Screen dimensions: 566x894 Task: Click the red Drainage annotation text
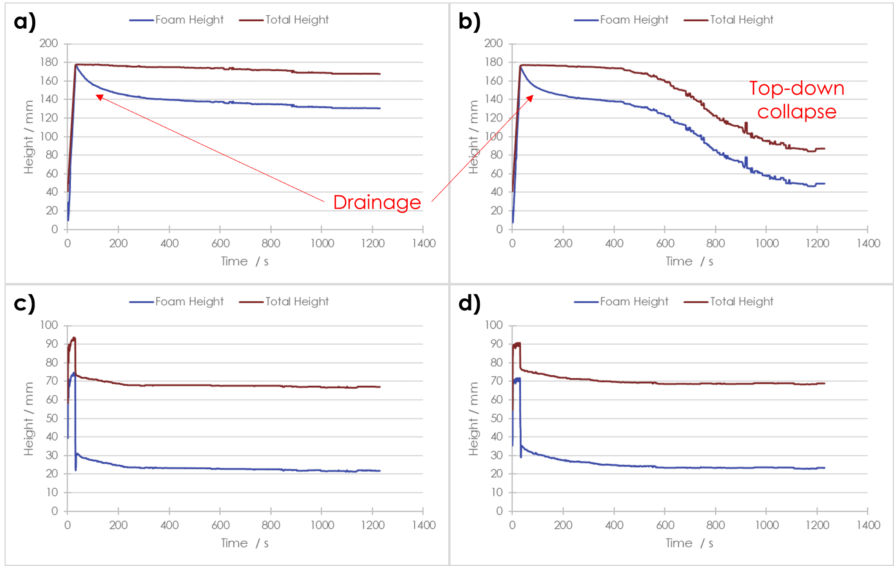click(377, 203)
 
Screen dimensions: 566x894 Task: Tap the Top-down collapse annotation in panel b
click(797, 100)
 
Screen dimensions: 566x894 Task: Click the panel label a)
click(24, 21)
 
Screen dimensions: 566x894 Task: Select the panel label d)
click(469, 303)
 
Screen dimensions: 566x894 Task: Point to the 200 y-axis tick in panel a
click(48, 43)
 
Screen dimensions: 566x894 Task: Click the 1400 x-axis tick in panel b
click(868, 243)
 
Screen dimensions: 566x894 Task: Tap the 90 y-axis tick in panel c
click(52, 344)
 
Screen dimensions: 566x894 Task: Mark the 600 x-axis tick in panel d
click(665, 525)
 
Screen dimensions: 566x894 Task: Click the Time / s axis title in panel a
click(244, 262)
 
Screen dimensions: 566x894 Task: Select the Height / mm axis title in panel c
click(29, 418)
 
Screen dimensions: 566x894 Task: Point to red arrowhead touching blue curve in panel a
click(99, 97)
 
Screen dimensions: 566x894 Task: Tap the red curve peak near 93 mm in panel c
click(74, 338)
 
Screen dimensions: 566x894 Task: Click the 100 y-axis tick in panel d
click(493, 325)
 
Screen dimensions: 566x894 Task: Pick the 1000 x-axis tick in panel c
click(322, 525)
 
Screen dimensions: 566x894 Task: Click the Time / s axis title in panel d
click(689, 543)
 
